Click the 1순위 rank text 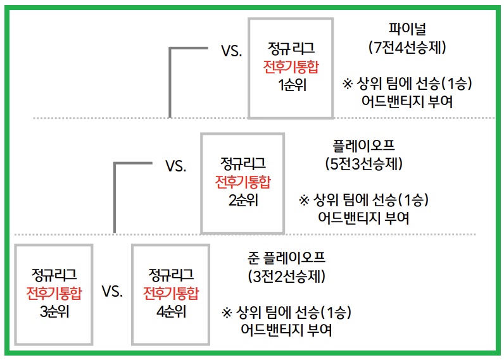pyautogui.click(x=291, y=85)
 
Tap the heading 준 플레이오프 pyautogui.click(x=287, y=258)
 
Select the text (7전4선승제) pyautogui.click(x=408, y=47)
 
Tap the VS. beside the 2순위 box pyautogui.click(x=175, y=166)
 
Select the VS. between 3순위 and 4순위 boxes pyautogui.click(x=111, y=292)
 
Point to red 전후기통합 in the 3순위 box pyautogui.click(x=54, y=293)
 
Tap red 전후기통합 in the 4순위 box pyautogui.click(x=170, y=293)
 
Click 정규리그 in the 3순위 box pyautogui.click(x=54, y=275)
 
